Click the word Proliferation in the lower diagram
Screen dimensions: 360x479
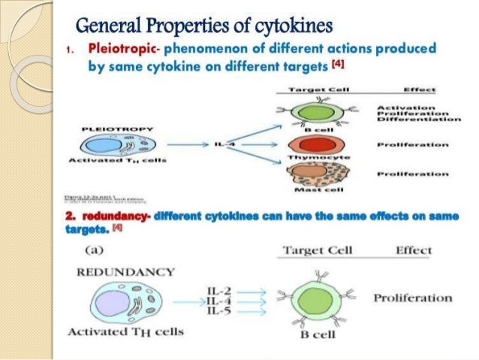[412, 298]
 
